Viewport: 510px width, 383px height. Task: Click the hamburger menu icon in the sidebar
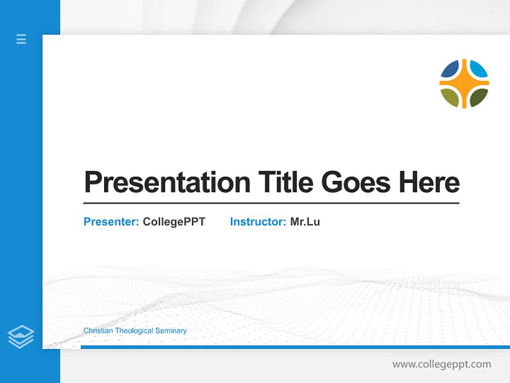tap(21, 39)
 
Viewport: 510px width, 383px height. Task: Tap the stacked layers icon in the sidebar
tap(21, 337)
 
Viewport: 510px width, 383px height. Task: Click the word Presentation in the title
tap(167, 182)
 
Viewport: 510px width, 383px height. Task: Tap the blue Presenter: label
tap(111, 222)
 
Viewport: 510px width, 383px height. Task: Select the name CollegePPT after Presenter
tap(174, 222)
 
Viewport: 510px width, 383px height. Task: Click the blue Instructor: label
tap(258, 222)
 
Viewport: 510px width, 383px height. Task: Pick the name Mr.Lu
tap(305, 222)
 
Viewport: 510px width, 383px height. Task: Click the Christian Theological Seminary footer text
tap(135, 331)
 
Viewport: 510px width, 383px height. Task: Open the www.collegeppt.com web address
tap(441, 364)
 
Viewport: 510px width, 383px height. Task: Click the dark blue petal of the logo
tap(450, 69)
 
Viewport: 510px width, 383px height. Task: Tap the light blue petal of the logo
tap(479, 69)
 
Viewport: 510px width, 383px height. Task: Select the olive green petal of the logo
tap(450, 97)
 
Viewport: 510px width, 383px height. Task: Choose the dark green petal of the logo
tap(479, 97)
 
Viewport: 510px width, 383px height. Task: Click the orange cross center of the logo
tap(464, 84)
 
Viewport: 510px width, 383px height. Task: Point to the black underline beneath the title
tap(271, 203)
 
